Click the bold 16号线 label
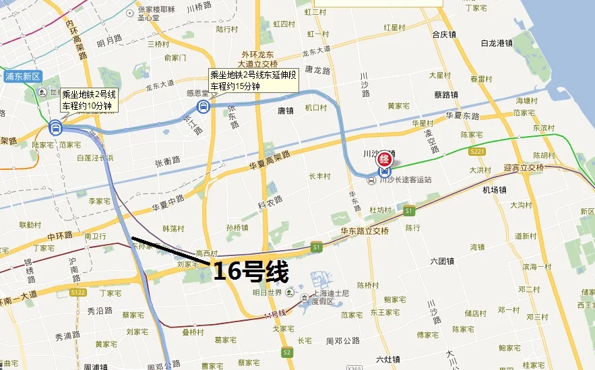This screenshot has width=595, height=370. (x=251, y=272)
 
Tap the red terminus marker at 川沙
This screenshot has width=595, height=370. (x=385, y=159)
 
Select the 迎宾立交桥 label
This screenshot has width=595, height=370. (x=523, y=168)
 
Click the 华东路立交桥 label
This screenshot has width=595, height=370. (x=365, y=230)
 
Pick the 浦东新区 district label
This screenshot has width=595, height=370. (x=24, y=76)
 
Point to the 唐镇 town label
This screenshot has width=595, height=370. (x=286, y=111)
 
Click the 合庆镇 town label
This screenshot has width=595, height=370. (x=444, y=34)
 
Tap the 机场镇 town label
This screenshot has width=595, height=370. (x=494, y=190)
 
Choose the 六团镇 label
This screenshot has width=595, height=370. (x=441, y=261)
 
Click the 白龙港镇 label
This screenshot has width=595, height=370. (x=497, y=43)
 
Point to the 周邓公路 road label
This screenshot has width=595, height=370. (x=343, y=341)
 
